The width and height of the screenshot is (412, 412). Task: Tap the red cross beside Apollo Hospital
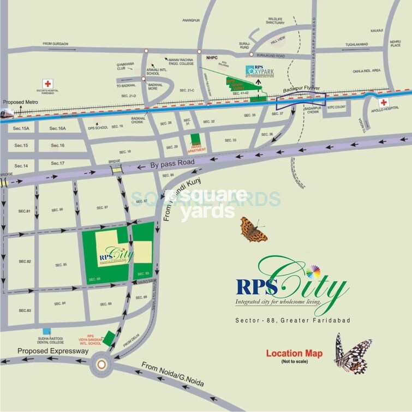click(384, 103)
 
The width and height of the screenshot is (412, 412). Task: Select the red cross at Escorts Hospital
click(48, 83)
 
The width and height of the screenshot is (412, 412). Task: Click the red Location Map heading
click(294, 354)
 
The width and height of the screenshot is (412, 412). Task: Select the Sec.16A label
click(57, 128)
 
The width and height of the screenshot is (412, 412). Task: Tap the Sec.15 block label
click(21, 146)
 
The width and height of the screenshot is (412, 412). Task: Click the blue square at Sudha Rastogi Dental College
click(46, 331)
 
